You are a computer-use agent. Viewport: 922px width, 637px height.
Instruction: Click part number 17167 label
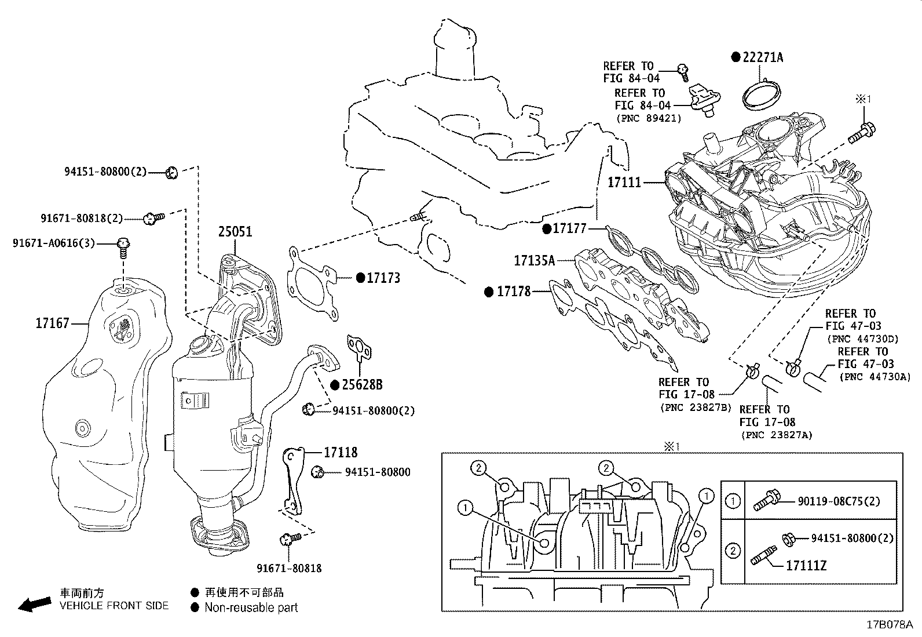(52, 323)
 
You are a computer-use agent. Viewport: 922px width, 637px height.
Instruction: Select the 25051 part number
(235, 232)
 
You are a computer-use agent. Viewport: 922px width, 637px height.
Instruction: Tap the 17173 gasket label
(383, 278)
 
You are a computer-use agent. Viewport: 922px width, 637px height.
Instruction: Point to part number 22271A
(763, 57)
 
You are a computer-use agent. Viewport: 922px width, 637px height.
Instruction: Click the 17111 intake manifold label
(624, 183)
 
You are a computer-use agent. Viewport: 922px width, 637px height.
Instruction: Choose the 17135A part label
(534, 261)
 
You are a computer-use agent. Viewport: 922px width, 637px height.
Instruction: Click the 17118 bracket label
(341, 452)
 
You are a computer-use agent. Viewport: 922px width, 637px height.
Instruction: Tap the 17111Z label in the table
(806, 565)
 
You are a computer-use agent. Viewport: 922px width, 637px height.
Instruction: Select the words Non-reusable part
(251, 607)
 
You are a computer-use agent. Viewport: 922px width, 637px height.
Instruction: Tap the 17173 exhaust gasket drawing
(313, 284)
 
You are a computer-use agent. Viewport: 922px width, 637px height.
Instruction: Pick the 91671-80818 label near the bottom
(290, 569)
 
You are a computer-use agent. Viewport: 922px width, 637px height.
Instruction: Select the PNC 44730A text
(875, 377)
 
